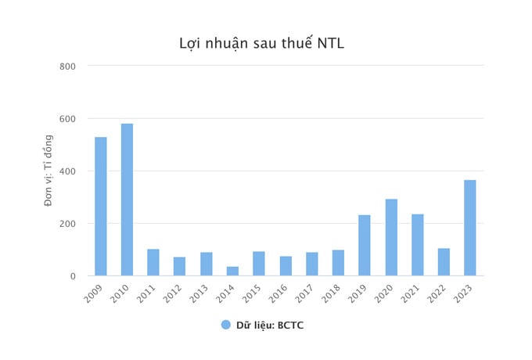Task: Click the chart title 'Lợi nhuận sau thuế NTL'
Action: pos(261,43)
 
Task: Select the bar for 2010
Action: pos(127,200)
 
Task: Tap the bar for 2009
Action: pos(100,207)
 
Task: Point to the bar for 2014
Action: pos(232,271)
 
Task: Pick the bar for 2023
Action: pos(469,228)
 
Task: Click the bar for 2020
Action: pos(390,237)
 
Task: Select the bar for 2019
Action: pos(364,245)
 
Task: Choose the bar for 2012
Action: pos(179,266)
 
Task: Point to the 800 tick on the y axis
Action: pos(67,66)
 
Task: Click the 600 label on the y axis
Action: pos(67,119)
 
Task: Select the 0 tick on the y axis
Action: pos(72,276)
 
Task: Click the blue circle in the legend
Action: pos(226,325)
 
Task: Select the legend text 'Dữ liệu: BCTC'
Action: pos(270,325)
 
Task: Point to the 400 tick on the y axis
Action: pos(67,171)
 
